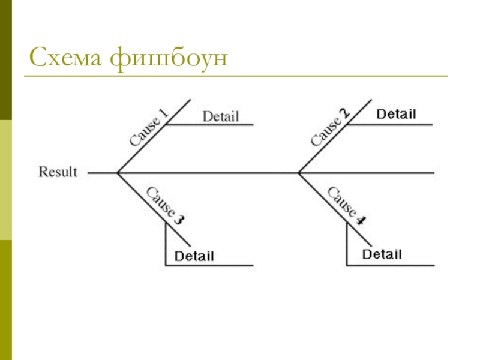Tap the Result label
pos(58,172)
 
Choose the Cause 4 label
pos(346,206)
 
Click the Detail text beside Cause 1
pos(220,116)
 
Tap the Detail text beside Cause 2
pos(396,114)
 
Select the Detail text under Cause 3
pos(194,257)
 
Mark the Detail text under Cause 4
pos(382,255)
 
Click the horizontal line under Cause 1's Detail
pos(210,125)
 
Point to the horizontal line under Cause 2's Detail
pos(390,125)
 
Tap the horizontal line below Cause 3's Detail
pos(210,265)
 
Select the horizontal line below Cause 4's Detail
pos(390,265)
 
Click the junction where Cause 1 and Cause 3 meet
pos(118,173)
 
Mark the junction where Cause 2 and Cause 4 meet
pos(299,173)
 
